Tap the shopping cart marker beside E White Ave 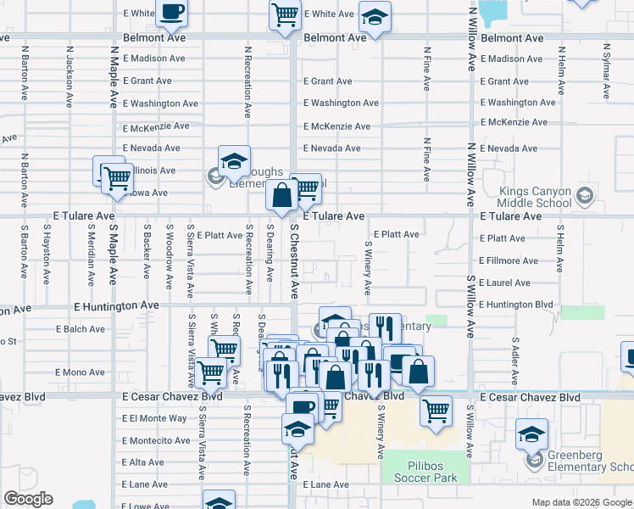(286, 14)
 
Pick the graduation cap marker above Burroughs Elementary (234, 159)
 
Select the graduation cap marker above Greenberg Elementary (531, 435)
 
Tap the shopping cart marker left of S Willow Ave (437, 411)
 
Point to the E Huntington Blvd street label (515, 305)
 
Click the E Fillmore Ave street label (510, 260)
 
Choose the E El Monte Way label (154, 418)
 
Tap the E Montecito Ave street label (156, 440)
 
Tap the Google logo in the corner (28, 499)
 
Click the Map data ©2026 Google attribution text (581, 502)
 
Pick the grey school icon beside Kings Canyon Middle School (584, 197)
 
